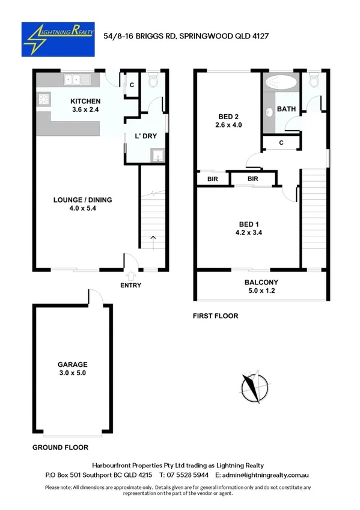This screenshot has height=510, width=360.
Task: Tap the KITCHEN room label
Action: click(x=85, y=101)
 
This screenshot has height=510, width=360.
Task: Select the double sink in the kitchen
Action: click(x=77, y=79)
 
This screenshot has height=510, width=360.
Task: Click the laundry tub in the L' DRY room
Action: click(x=157, y=156)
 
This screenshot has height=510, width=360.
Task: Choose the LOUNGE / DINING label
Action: click(x=82, y=200)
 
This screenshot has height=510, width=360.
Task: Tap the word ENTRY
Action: click(x=130, y=285)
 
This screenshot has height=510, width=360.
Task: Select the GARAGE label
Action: click(x=73, y=364)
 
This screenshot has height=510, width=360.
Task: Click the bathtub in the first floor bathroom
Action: click(x=281, y=83)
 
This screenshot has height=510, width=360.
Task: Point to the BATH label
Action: click(x=285, y=109)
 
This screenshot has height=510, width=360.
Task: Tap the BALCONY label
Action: click(x=260, y=283)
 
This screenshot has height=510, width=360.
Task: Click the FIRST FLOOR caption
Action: click(x=215, y=316)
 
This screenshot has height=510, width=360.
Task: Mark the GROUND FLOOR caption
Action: click(x=60, y=447)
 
